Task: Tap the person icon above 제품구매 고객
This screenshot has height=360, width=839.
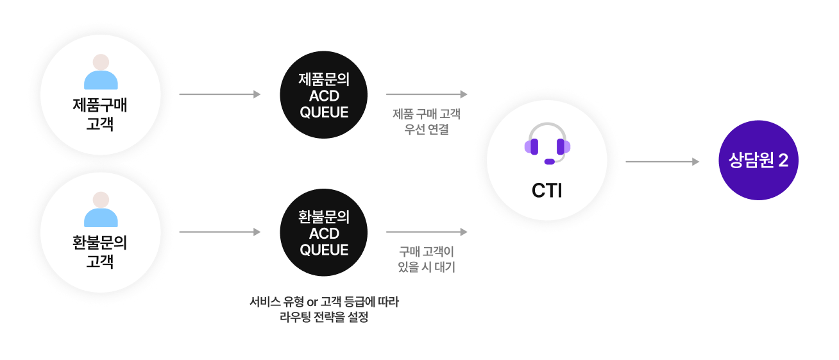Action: [101, 72]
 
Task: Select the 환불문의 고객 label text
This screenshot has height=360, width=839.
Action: [100, 252]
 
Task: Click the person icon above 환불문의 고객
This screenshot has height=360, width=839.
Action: [101, 209]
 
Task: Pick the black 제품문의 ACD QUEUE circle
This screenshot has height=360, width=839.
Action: [324, 95]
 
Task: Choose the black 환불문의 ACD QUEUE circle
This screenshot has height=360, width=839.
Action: [324, 232]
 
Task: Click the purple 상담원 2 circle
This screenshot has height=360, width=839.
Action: [758, 160]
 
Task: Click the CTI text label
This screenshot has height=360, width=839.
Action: [547, 191]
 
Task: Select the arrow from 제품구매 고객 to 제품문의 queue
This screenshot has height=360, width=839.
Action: [220, 94]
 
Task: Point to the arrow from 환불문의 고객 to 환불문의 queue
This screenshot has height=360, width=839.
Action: [220, 232]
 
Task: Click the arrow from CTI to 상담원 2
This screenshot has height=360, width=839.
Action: [662, 162]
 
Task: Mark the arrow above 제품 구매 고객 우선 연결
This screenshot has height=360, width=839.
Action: [427, 94]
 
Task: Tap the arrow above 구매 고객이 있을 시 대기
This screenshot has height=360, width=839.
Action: [427, 232]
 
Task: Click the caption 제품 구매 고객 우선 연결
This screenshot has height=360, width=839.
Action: [427, 122]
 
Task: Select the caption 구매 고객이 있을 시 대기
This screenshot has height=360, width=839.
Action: [427, 259]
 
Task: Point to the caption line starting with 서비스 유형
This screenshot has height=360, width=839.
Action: [324, 301]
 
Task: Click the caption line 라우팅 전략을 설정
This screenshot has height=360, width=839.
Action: [324, 317]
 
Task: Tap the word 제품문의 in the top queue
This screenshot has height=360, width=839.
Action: [324, 80]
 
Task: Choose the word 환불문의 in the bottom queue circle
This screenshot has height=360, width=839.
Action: [324, 217]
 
